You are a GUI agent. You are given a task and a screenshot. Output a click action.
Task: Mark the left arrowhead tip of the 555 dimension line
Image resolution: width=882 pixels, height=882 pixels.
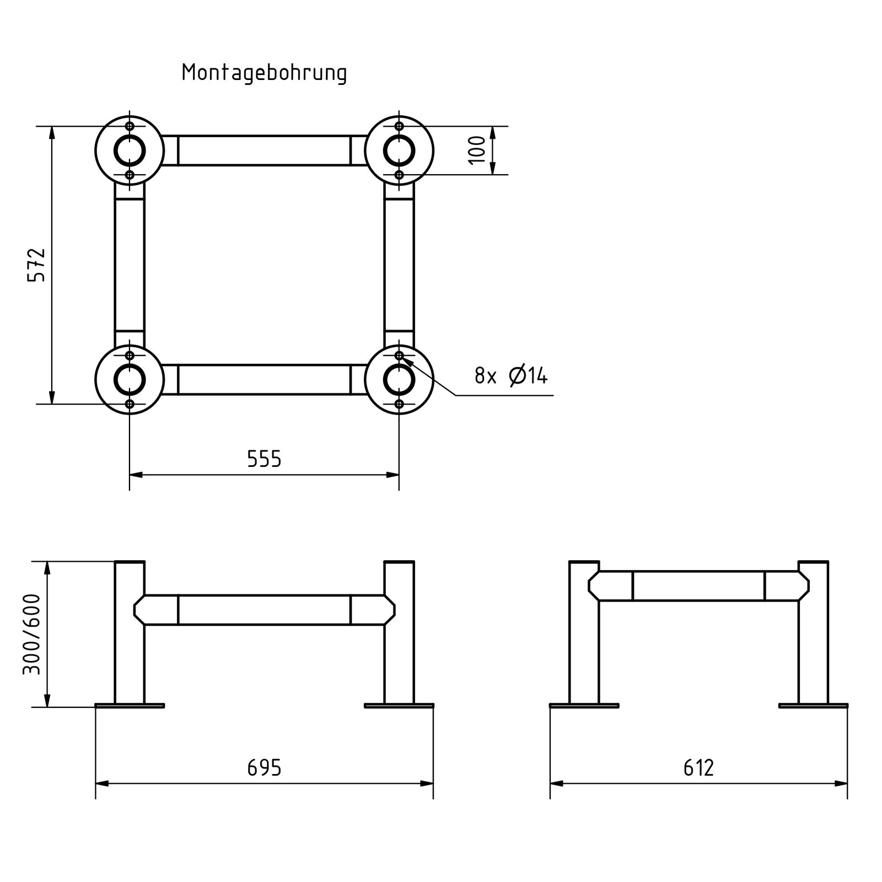point(130,474)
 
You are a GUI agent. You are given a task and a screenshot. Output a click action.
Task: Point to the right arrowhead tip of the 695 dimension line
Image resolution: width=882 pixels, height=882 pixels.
point(433,783)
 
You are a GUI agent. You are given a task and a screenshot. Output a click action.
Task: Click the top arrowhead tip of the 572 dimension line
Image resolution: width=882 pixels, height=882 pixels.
point(52,127)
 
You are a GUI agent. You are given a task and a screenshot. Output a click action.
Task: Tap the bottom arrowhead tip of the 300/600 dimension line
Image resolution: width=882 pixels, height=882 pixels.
point(47,707)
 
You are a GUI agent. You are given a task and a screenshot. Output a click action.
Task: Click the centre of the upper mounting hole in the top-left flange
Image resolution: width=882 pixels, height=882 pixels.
point(130,126)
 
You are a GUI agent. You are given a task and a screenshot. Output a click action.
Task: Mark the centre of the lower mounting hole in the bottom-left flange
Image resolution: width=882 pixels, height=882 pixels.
point(130,404)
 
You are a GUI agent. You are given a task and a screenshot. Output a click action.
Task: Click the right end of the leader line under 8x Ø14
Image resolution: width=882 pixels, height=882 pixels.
point(553,395)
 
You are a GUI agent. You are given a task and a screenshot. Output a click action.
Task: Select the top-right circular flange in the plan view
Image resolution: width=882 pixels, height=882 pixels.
point(399,150)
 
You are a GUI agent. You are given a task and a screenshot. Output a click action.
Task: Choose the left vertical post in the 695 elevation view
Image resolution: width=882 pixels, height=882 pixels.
point(130,632)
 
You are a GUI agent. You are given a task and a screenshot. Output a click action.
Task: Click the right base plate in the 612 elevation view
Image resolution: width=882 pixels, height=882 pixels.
point(813,706)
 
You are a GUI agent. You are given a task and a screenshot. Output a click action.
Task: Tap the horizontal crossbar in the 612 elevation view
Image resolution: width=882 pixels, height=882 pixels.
point(698,586)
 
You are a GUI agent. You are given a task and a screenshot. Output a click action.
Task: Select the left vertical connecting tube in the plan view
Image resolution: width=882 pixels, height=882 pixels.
point(130,265)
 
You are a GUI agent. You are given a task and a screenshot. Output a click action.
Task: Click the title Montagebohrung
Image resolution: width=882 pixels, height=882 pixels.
point(265,73)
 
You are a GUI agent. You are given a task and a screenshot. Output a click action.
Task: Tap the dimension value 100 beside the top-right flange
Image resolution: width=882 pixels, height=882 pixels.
point(477,150)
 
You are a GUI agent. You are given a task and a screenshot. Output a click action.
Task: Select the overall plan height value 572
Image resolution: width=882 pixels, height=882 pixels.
point(36,265)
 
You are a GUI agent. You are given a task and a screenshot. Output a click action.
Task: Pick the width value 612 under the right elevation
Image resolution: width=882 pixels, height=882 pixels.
point(698,767)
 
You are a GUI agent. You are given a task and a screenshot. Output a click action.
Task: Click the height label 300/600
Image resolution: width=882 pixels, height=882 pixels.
point(31,634)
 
